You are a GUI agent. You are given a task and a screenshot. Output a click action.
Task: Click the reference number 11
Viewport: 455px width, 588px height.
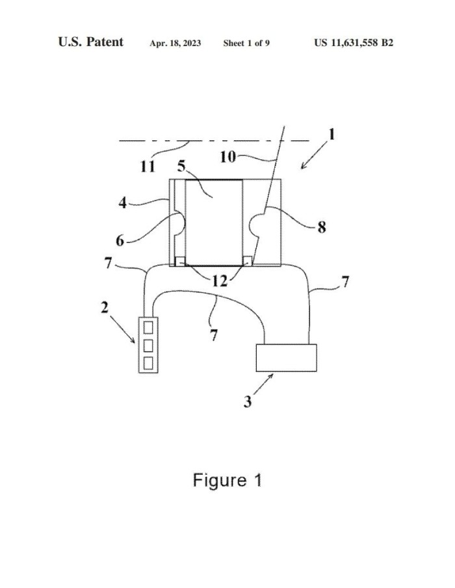148,166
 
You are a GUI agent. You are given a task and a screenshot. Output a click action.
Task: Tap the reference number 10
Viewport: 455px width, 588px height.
227,157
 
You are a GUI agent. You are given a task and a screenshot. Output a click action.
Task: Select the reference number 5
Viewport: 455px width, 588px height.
181,166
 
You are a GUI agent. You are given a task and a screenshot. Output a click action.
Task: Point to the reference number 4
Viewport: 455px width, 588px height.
123,203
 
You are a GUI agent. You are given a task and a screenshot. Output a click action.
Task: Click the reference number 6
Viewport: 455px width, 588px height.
120,240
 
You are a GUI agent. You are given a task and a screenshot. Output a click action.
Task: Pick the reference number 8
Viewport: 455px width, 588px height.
322,227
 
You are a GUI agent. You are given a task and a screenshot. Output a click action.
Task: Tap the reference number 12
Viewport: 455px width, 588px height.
220,281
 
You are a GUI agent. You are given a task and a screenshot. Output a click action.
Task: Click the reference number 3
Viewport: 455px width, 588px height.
248,402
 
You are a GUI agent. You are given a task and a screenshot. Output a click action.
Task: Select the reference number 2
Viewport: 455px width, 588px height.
105,307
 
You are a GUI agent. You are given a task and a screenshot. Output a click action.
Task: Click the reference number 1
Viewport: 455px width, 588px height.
331,134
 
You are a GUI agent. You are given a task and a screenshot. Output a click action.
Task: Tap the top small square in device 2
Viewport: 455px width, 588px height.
148,327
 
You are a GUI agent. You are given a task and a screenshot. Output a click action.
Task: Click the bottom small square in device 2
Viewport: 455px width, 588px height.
148,363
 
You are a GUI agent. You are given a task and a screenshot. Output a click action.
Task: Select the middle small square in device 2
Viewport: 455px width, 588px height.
148,346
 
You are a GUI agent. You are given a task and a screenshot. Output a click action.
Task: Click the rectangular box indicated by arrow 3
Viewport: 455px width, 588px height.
286,358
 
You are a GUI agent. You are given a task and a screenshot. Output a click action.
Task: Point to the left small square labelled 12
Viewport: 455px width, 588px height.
181,261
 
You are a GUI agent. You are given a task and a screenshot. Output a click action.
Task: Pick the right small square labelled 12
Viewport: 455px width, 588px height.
248,261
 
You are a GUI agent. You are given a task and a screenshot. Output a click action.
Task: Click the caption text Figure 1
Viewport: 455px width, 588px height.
227,480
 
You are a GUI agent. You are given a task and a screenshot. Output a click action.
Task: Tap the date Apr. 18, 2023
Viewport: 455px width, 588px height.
175,43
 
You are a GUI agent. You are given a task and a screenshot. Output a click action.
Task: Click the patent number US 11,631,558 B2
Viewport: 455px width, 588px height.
354,43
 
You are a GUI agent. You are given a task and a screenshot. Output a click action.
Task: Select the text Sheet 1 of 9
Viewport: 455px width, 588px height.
246,43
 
